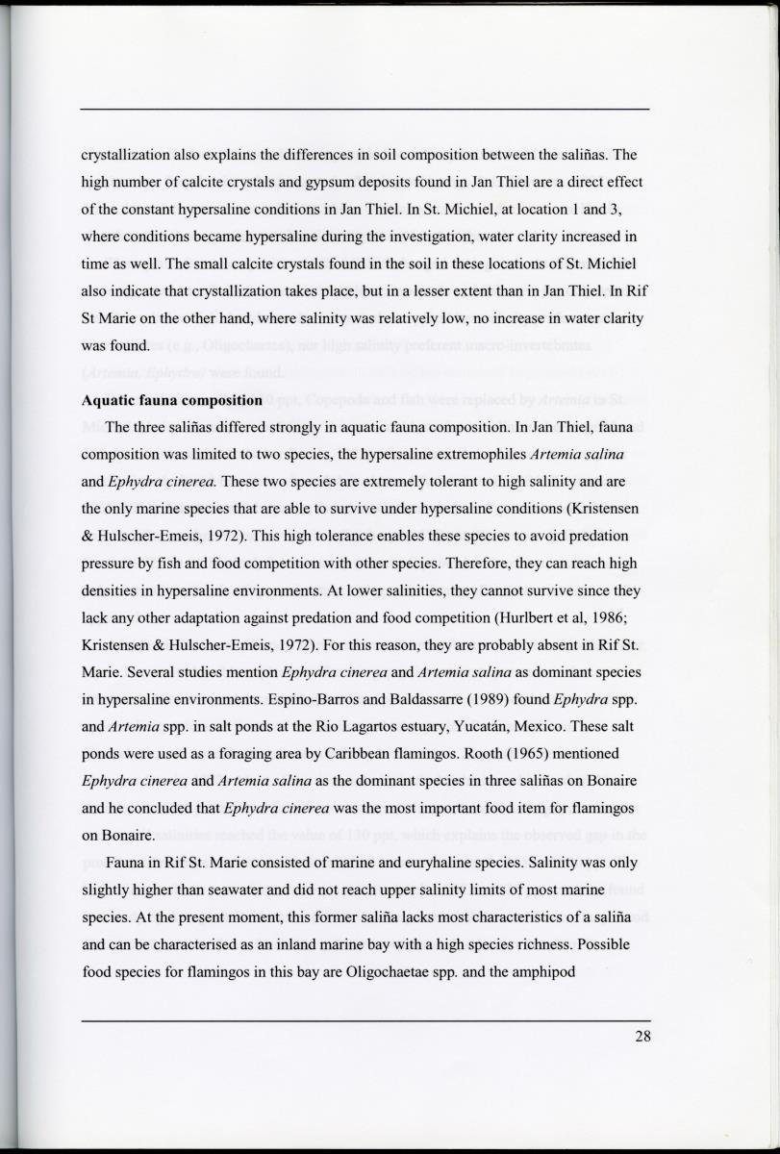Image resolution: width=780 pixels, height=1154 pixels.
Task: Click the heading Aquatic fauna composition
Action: click(172, 399)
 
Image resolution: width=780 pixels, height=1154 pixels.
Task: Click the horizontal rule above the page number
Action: click(365, 1020)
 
